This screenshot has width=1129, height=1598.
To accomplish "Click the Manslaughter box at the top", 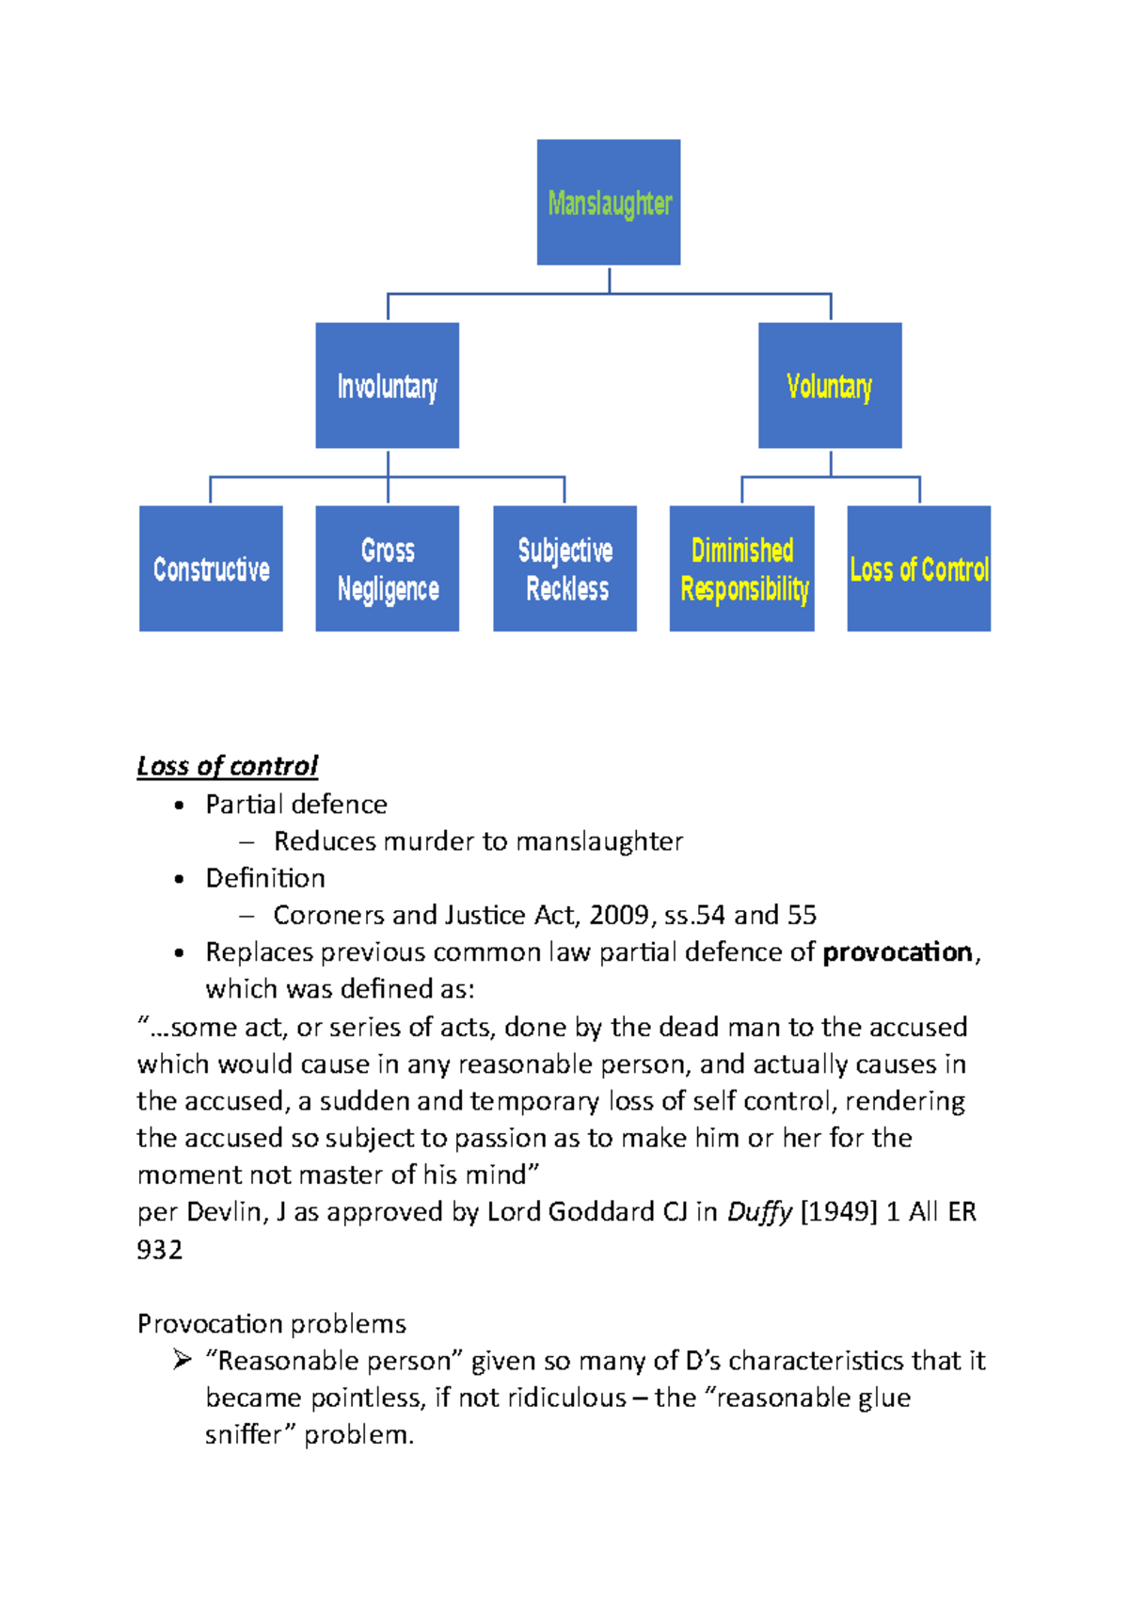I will (x=609, y=202).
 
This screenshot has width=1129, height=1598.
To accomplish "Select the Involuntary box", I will (x=387, y=386).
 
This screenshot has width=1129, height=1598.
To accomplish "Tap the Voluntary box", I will (x=830, y=386).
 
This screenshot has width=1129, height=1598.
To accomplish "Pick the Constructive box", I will (x=211, y=568).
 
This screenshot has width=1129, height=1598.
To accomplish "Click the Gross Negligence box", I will (x=387, y=568).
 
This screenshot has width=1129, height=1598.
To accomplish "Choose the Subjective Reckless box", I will (x=564, y=568).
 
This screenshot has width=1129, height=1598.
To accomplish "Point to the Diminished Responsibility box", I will (x=742, y=568).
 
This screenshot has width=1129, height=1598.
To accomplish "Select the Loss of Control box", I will (x=918, y=568).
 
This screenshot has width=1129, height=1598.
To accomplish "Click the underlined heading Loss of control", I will (x=228, y=766).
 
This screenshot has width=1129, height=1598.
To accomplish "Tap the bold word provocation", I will (x=897, y=952).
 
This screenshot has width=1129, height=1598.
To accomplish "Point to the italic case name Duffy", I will (x=759, y=1212).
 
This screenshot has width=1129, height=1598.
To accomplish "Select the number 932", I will (x=160, y=1250).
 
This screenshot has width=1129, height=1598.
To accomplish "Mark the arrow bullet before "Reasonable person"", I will (x=183, y=1360).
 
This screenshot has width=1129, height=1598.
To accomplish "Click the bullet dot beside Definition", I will (x=180, y=879).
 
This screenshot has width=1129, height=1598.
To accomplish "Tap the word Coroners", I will (x=328, y=915).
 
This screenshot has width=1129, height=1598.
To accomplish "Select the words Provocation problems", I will (x=272, y=1324).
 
